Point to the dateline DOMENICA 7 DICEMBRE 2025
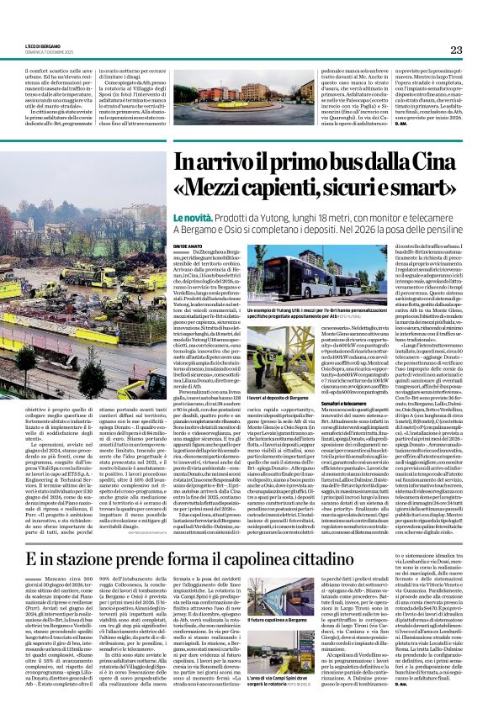(46, 53)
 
